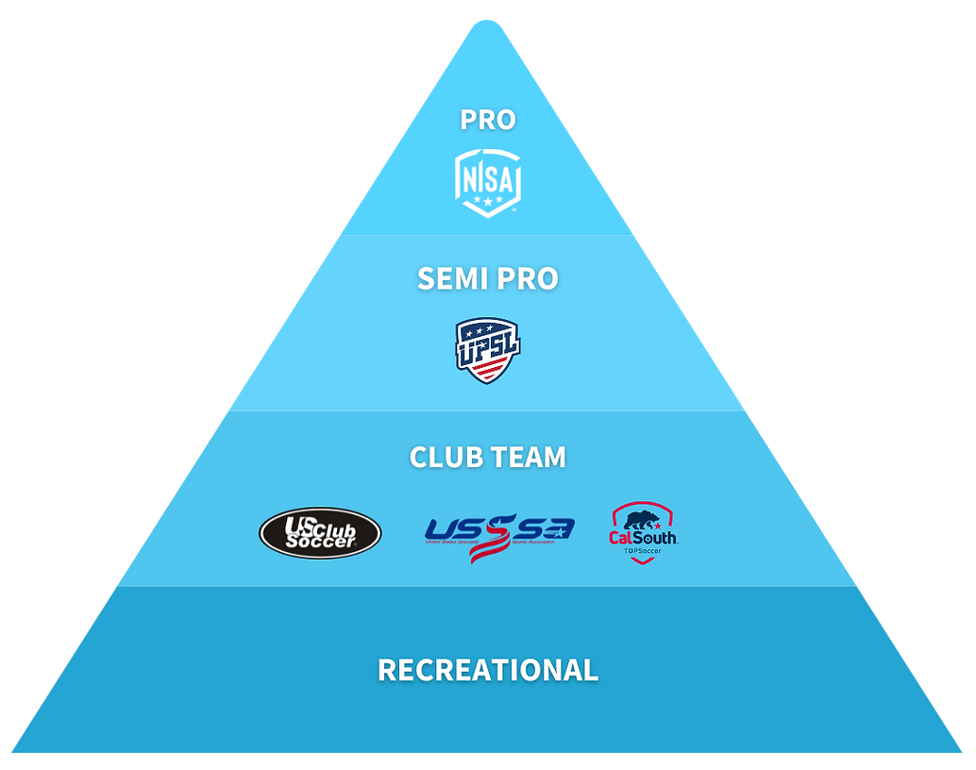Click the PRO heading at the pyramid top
click(x=488, y=120)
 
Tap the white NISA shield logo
click(x=488, y=182)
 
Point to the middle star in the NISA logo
click(x=488, y=201)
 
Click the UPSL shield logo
click(x=488, y=350)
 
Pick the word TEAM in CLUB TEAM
click(x=528, y=457)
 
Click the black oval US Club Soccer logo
click(x=320, y=533)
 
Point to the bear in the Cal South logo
click(x=644, y=520)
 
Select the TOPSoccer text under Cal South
click(x=643, y=550)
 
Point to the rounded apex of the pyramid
click(x=488, y=23)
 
